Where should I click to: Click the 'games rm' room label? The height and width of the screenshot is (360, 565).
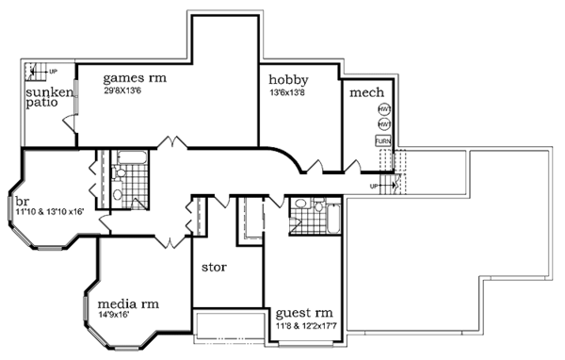pos(135,78)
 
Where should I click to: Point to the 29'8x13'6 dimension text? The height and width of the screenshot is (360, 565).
pos(131,91)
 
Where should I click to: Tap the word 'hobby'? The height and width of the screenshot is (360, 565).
pos(288,79)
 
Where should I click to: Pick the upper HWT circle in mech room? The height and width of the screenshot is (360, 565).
pos(384,109)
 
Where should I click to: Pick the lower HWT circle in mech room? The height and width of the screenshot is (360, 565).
pos(384,123)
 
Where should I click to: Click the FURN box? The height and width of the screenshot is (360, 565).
pos(383,140)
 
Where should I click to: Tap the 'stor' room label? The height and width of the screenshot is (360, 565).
pos(216,267)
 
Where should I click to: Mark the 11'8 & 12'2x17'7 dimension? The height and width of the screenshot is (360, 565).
pos(305,325)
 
